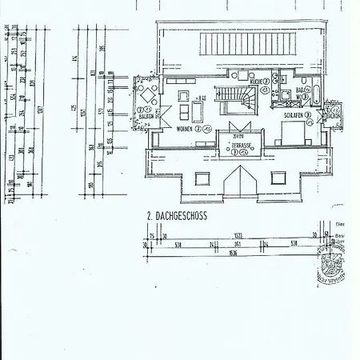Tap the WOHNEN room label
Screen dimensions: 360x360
185,129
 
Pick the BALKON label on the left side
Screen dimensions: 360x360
146,117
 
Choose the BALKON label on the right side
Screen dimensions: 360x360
334,115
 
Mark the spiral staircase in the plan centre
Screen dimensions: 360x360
241,100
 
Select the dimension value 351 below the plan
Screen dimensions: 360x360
237,245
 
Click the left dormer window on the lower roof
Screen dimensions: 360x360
202,178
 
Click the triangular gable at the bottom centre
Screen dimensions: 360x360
240,182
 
